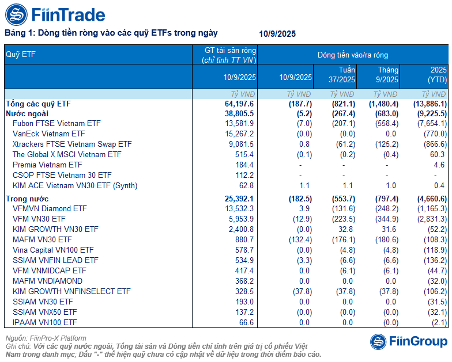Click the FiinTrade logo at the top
pyautogui.click(x=55, y=14)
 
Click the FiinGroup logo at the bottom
pyautogui.click(x=408, y=341)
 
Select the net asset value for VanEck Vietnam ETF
pyautogui.click(x=240, y=134)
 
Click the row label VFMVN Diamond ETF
pyautogui.click(x=50, y=208)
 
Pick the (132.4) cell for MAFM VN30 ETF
pyautogui.click(x=298, y=239)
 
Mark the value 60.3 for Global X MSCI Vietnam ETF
pyautogui.click(x=438, y=154)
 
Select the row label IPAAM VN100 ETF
pyautogui.click(x=44, y=322)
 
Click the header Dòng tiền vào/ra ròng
pyautogui.click(x=352, y=55)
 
